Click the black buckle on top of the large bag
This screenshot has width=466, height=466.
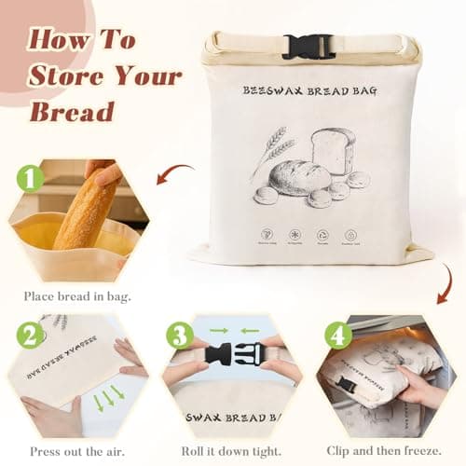308,47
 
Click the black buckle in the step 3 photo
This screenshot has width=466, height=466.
233,356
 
